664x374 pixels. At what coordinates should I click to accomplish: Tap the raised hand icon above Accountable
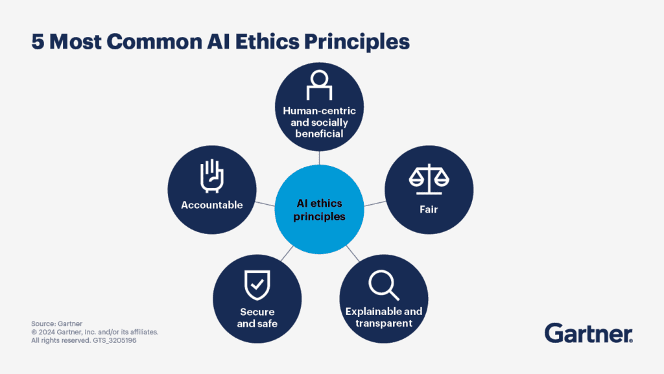pyautogui.click(x=212, y=175)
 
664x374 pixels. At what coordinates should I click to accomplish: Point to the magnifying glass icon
pyautogui.click(x=383, y=285)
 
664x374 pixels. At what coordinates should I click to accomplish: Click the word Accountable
pyautogui.click(x=212, y=205)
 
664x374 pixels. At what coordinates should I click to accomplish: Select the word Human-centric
pyautogui.click(x=319, y=111)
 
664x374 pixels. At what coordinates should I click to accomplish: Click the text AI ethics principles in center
pyautogui.click(x=319, y=210)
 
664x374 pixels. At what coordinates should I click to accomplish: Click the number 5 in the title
pyautogui.click(x=37, y=41)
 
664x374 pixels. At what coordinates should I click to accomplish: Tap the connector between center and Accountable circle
pyautogui.click(x=265, y=204)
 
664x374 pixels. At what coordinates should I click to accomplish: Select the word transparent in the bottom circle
pyautogui.click(x=383, y=323)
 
